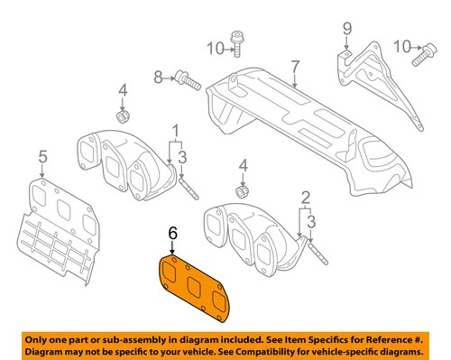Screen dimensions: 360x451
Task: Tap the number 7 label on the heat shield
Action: [294, 65]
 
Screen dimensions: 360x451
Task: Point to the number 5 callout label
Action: [41, 160]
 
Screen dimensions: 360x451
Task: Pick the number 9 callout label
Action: [345, 35]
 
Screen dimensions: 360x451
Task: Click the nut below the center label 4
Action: [241, 191]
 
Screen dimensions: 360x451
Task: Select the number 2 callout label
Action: [306, 197]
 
